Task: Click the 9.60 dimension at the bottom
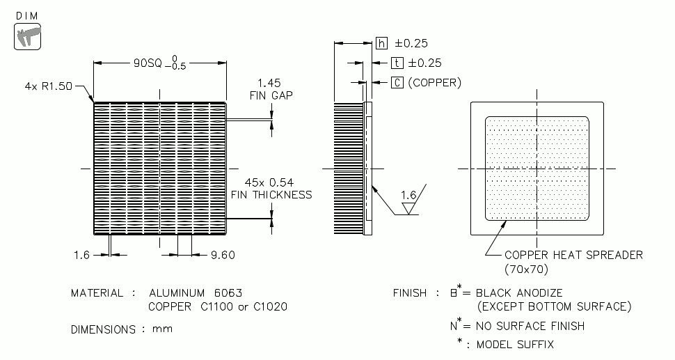pos(223,255)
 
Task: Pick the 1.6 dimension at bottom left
pos(81,255)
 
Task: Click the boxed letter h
pos(381,43)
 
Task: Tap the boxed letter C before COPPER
pos(397,82)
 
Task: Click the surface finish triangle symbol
pos(409,207)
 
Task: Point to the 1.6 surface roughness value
pos(409,195)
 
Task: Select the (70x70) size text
pos(527,268)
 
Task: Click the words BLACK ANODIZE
pos(519,293)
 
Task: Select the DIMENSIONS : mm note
pos(122,329)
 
